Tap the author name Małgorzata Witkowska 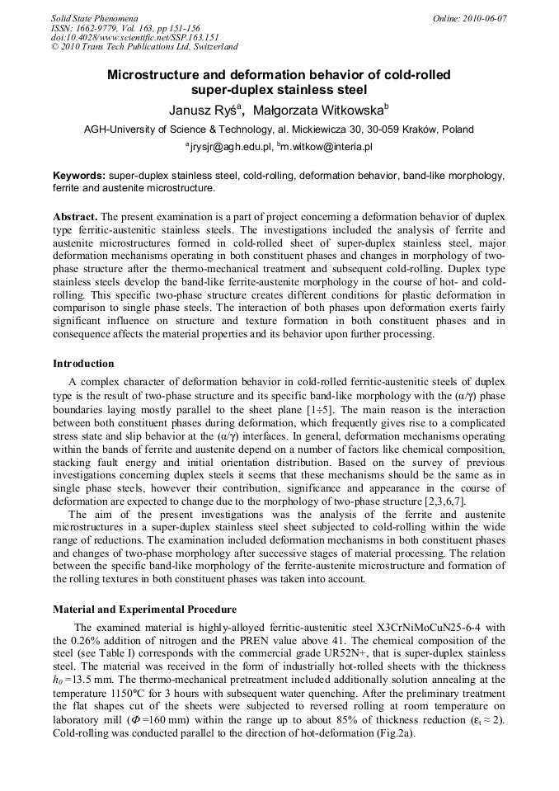tap(318, 110)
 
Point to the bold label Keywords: tap(79, 176)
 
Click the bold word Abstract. tap(75, 216)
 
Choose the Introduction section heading tap(83, 363)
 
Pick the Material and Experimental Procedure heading tap(144, 610)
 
